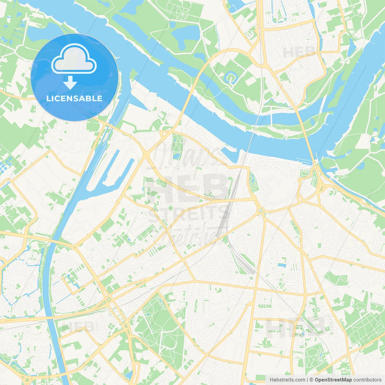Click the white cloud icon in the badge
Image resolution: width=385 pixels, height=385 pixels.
[x=74, y=59]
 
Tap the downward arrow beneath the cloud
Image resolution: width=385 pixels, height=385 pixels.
[x=70, y=82]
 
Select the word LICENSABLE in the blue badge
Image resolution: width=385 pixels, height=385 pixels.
[x=74, y=98]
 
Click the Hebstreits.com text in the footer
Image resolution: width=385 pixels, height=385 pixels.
[x=287, y=380]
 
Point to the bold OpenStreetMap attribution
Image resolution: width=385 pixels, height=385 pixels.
[x=333, y=380]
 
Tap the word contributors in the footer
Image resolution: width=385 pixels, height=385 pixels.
[x=367, y=380]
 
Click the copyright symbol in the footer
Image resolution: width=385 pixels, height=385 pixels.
[x=311, y=380]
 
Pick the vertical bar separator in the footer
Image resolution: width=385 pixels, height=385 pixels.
[x=307, y=380]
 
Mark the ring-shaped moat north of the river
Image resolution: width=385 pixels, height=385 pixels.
[x=230, y=77]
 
